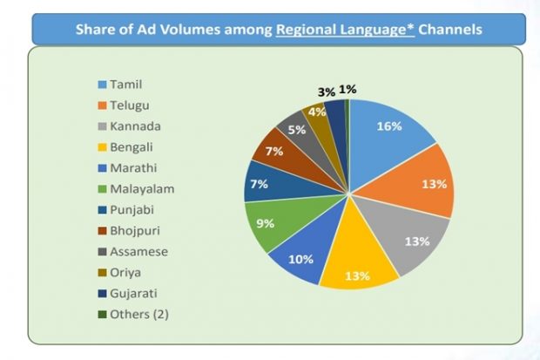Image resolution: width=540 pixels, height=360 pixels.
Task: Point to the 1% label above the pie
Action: (x=348, y=89)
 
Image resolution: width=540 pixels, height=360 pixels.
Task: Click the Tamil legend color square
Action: (x=103, y=85)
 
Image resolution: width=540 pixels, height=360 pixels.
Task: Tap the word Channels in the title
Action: (x=451, y=30)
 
